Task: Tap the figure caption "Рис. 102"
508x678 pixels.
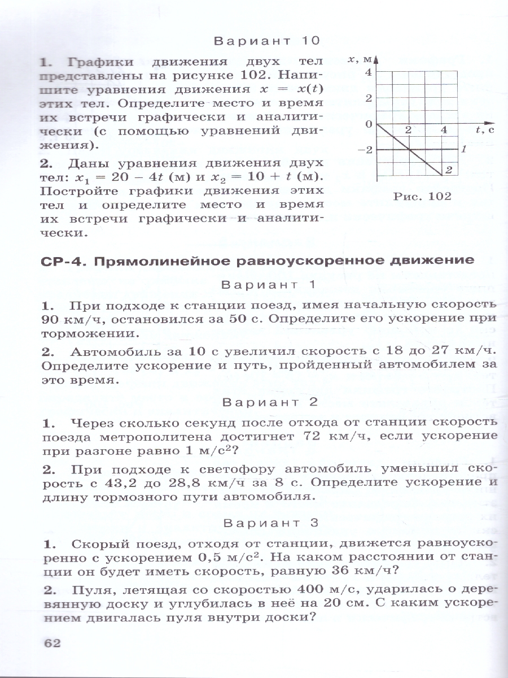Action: coord(423,197)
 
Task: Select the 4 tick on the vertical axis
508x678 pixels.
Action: coord(367,72)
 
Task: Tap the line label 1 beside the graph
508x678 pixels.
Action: coord(462,150)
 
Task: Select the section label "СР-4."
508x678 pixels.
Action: coord(63,262)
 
